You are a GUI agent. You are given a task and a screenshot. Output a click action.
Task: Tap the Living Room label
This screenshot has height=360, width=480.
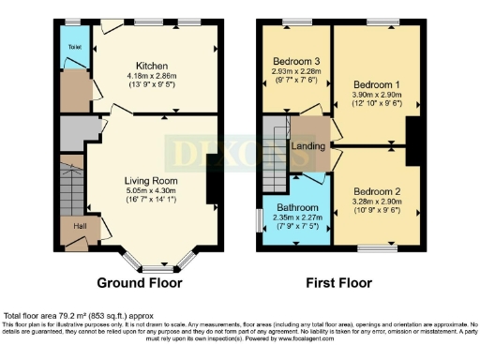pos(150,181)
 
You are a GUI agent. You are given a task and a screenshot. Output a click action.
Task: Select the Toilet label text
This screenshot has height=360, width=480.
pos(75,46)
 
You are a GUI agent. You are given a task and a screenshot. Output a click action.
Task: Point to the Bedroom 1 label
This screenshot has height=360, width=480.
pos(367,84)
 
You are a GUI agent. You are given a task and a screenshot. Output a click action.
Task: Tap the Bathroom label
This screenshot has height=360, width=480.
pos(295,207)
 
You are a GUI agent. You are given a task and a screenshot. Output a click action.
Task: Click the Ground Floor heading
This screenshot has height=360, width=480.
pos(141,281)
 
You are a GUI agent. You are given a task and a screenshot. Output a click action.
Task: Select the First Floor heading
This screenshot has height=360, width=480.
pos(334,281)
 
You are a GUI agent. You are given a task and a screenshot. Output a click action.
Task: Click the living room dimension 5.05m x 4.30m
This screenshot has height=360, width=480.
pos(150,190)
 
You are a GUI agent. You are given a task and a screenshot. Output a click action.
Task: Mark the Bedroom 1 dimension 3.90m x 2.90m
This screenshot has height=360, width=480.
pos(367,95)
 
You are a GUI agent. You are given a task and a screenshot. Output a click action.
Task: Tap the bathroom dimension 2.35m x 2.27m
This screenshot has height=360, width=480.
pos(295,217)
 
